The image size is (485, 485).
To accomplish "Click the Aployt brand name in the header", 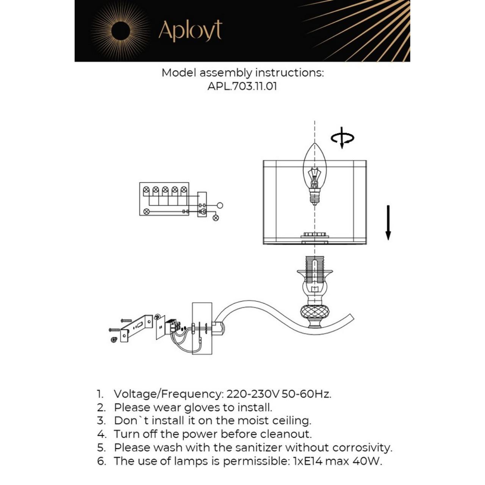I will (190, 31).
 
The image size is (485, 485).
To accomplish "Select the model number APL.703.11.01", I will (242, 86).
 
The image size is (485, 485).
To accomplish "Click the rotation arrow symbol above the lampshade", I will (342, 138).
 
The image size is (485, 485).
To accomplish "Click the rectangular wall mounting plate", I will (202, 328).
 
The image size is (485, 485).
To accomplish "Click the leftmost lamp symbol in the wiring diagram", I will (146, 189).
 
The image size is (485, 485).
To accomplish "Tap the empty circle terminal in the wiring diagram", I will (220, 205).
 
